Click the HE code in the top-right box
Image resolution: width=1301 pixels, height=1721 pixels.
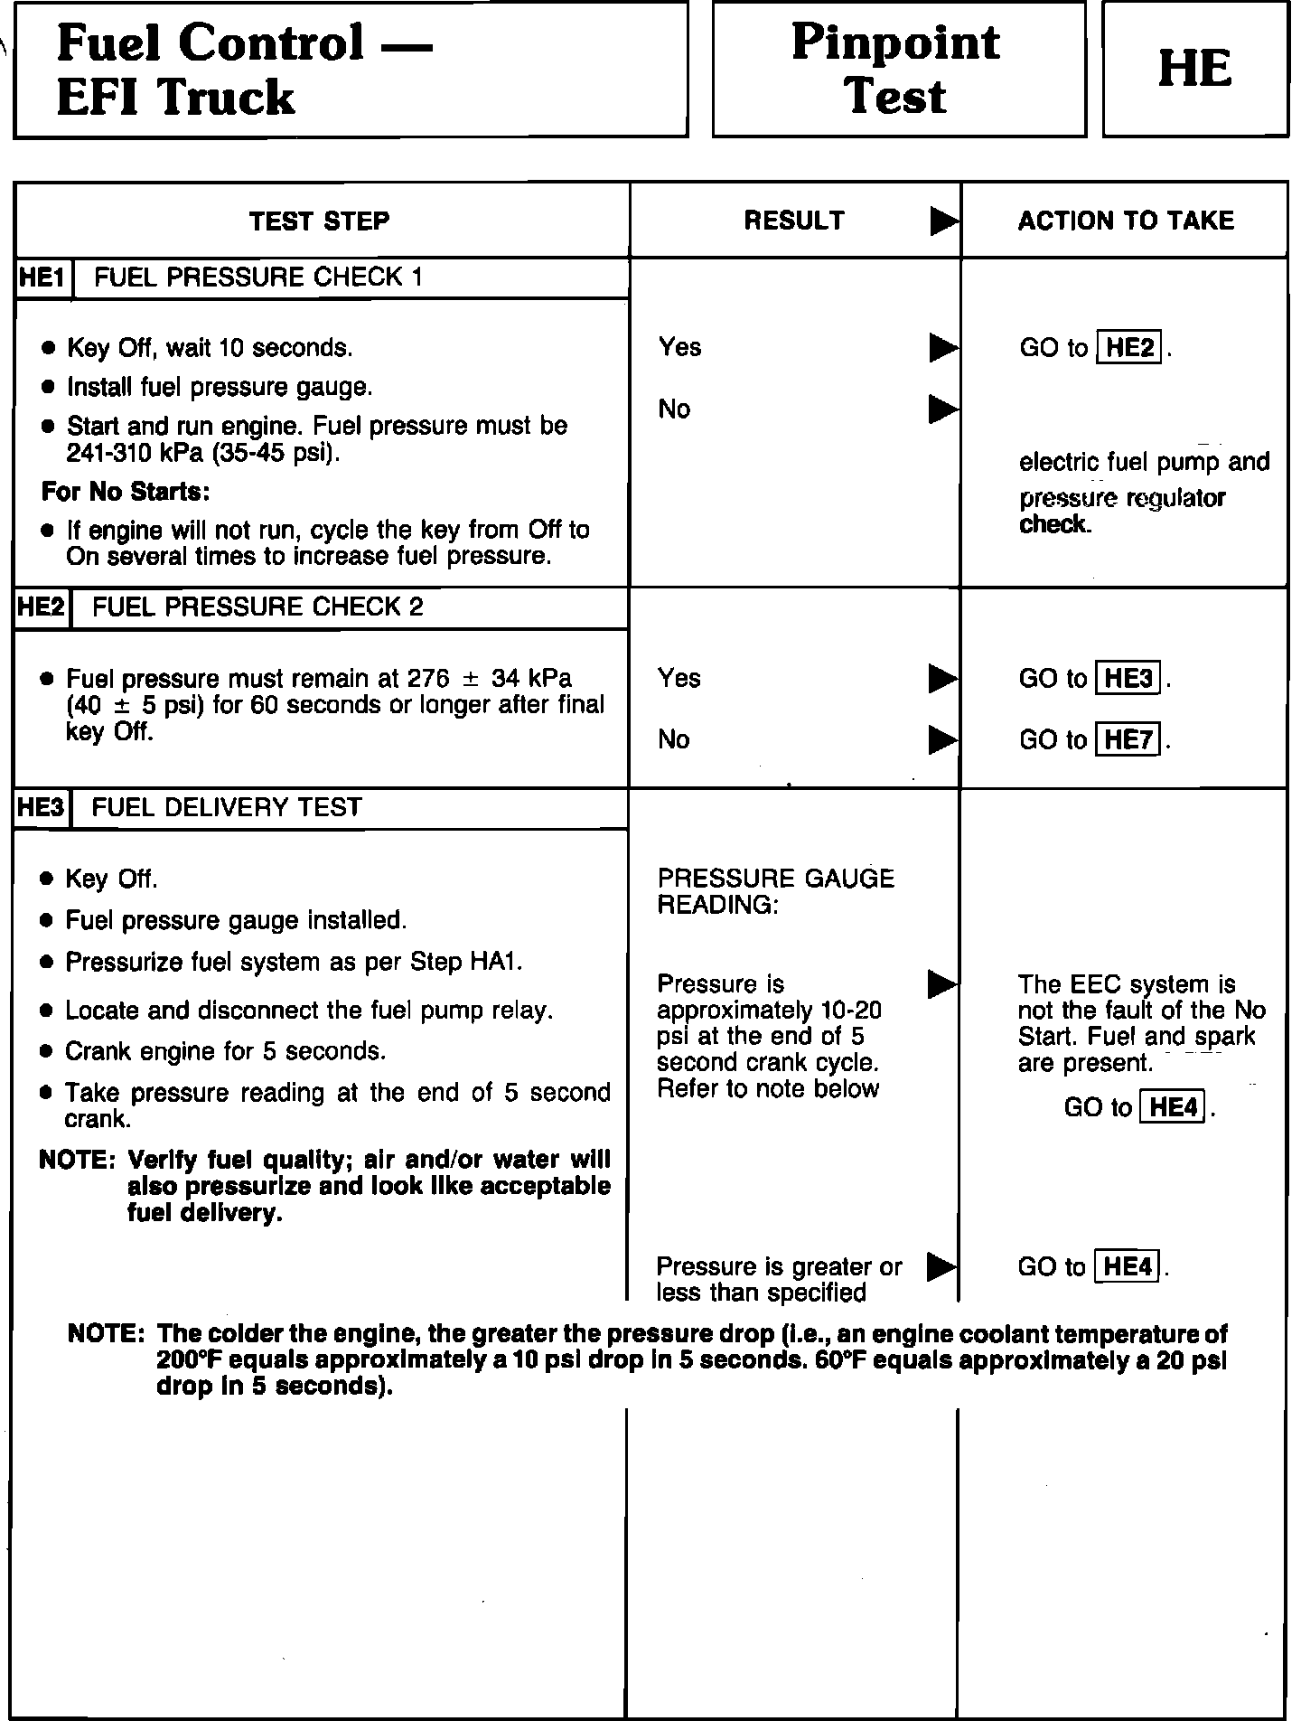[1194, 70]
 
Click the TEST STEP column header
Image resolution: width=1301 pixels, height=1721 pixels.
[319, 221]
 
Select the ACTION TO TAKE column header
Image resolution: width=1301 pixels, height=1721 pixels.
[1126, 221]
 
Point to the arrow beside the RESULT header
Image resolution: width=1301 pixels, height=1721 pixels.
[944, 221]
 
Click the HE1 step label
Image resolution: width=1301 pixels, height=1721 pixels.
[42, 277]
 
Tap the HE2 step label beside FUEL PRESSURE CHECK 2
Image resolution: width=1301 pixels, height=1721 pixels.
[42, 607]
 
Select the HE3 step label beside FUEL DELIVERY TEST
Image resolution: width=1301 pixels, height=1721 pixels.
[42, 807]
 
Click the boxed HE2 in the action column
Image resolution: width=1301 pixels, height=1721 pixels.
[1129, 348]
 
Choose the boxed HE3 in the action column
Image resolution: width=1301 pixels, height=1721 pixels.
[1128, 679]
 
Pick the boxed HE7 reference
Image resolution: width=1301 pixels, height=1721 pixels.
[1128, 740]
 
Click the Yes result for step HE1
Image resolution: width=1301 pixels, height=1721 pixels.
[679, 347]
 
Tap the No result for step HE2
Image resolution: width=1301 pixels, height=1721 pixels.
[674, 739]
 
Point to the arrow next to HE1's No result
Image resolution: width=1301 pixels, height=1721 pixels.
[943, 409]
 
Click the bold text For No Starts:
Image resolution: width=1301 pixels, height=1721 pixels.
[126, 492]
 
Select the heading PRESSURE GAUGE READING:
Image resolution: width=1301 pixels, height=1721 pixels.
[775, 891]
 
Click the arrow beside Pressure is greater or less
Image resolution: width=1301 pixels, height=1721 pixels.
[941, 1268]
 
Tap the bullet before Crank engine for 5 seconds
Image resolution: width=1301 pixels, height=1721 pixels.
[48, 1052]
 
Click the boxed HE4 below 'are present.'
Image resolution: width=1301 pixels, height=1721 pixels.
[1174, 1107]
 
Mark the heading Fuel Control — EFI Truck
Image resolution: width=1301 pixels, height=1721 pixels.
[244, 70]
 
